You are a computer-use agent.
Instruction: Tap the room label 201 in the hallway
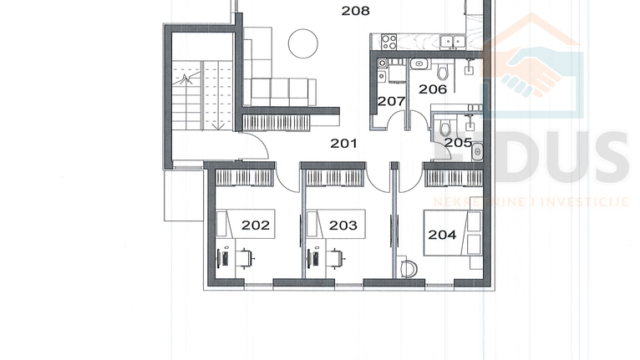(x=343, y=144)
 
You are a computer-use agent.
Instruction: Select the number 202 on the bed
(x=256, y=225)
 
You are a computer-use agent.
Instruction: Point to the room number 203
(x=343, y=225)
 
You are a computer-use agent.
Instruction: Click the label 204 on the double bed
(x=442, y=235)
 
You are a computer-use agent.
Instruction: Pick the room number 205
(x=458, y=143)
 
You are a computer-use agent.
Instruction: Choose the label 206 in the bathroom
(x=433, y=88)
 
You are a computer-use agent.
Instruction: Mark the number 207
(x=391, y=101)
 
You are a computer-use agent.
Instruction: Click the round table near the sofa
(x=302, y=43)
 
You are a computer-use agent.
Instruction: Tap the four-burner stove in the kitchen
(x=388, y=39)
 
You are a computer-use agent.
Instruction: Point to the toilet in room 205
(x=445, y=126)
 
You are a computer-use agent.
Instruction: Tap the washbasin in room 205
(x=477, y=152)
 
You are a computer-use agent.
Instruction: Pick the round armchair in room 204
(x=409, y=269)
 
